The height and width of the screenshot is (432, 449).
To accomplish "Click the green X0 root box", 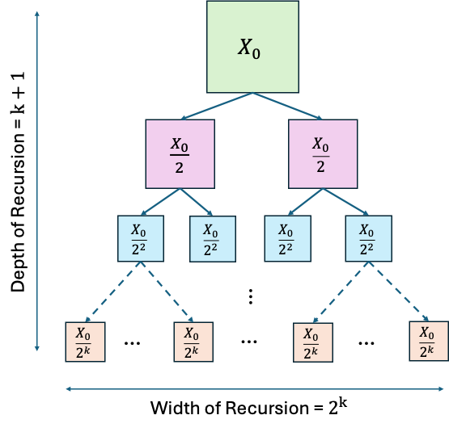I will tap(252, 47).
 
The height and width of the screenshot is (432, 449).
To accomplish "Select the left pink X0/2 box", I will tap(180, 153).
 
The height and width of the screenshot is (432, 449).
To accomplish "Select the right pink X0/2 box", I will tap(323, 153).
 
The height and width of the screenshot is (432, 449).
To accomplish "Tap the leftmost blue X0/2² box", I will tap(141, 238).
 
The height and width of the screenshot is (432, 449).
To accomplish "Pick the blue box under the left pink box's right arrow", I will tap(213, 238).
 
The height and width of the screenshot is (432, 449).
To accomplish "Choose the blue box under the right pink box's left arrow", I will tap(287, 238).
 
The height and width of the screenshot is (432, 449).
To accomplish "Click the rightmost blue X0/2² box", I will tap(367, 238).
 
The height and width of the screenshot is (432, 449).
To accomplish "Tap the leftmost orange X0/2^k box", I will tap(85, 342).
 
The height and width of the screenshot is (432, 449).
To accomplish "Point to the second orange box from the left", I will tap(193, 342).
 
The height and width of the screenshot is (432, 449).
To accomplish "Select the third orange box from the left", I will tap(312, 343).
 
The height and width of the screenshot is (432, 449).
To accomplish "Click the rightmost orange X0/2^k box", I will tap(428, 341).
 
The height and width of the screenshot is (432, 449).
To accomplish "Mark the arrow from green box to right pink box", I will tap(288, 106).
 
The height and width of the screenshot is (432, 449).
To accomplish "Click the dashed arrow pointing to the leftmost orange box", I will tap(112, 291).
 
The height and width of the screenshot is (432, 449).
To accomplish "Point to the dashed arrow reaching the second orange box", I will tap(167, 291).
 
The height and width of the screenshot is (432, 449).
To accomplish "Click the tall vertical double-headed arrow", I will tap(37, 181).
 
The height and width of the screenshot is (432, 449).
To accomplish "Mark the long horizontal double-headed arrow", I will tap(254, 389).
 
